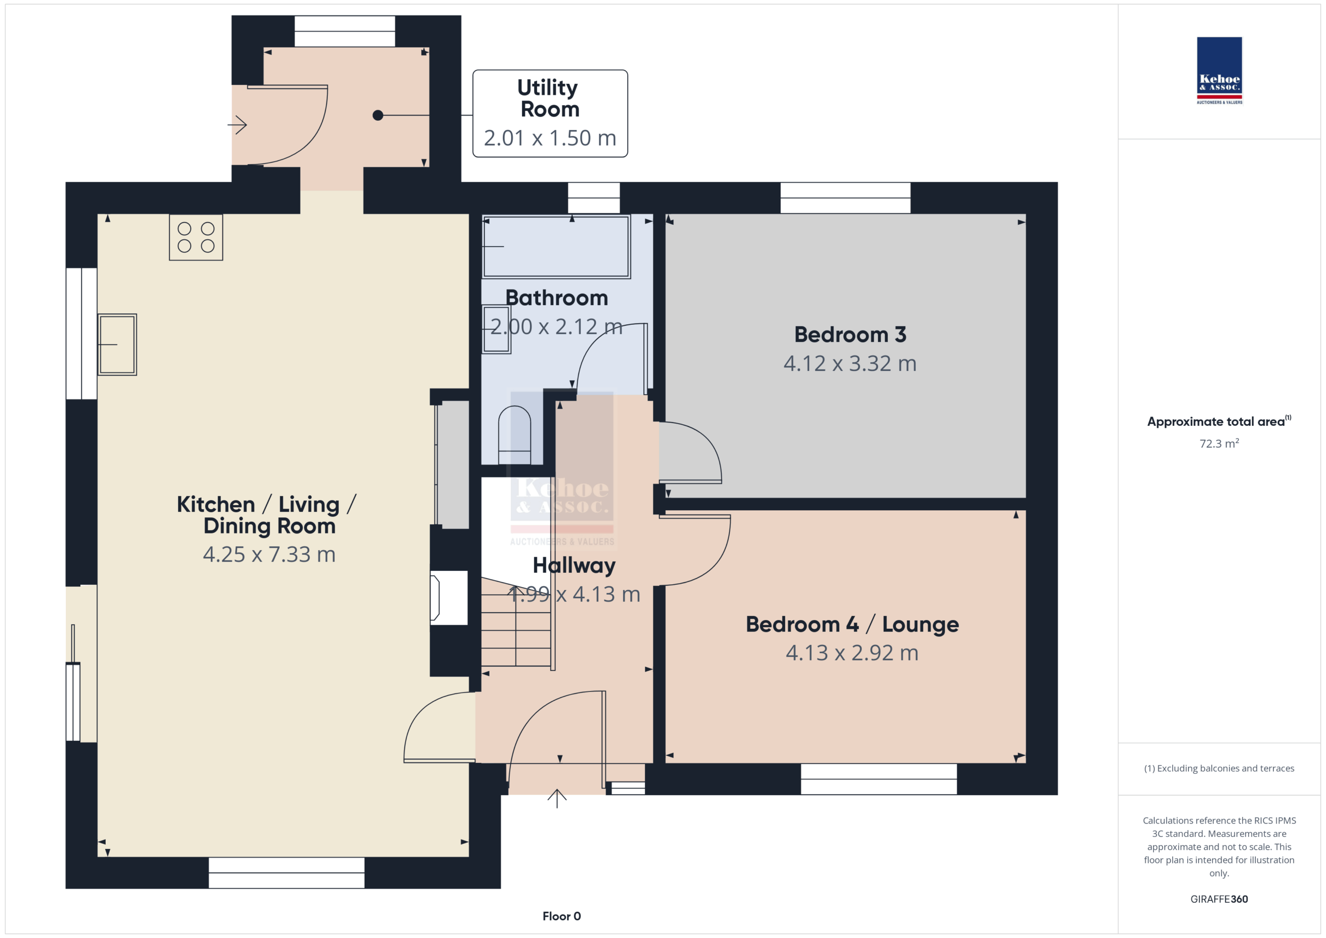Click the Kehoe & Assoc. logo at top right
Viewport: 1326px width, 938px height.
click(1219, 70)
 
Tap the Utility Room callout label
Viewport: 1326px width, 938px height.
click(550, 113)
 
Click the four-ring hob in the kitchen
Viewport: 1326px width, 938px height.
click(196, 237)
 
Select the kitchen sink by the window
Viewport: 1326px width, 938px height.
click(117, 345)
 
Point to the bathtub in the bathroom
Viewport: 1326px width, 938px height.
click(556, 247)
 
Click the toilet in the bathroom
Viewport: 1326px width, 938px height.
click(514, 435)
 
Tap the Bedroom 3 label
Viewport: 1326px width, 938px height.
click(850, 335)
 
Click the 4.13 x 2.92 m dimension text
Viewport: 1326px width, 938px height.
click(852, 653)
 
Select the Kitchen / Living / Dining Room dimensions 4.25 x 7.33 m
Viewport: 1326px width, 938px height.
click(269, 555)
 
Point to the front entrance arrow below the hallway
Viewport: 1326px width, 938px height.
click(557, 798)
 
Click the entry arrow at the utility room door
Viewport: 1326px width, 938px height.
click(237, 125)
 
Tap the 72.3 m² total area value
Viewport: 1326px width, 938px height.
click(1219, 443)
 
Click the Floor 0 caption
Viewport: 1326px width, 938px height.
click(561, 916)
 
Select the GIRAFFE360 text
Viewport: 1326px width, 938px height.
click(1219, 899)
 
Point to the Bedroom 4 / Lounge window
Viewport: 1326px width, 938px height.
click(878, 778)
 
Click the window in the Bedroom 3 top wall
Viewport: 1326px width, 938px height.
click(845, 197)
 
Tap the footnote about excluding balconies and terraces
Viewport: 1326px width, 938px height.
click(1219, 768)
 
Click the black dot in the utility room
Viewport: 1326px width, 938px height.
click(378, 116)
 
